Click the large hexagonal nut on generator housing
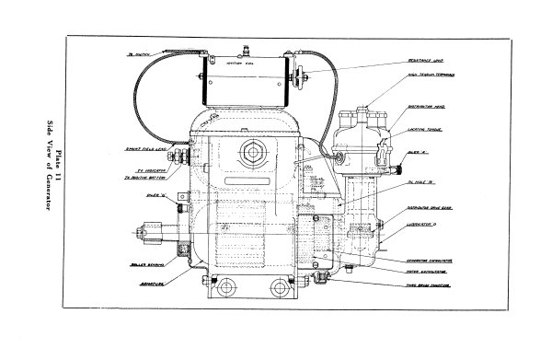(250, 150)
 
